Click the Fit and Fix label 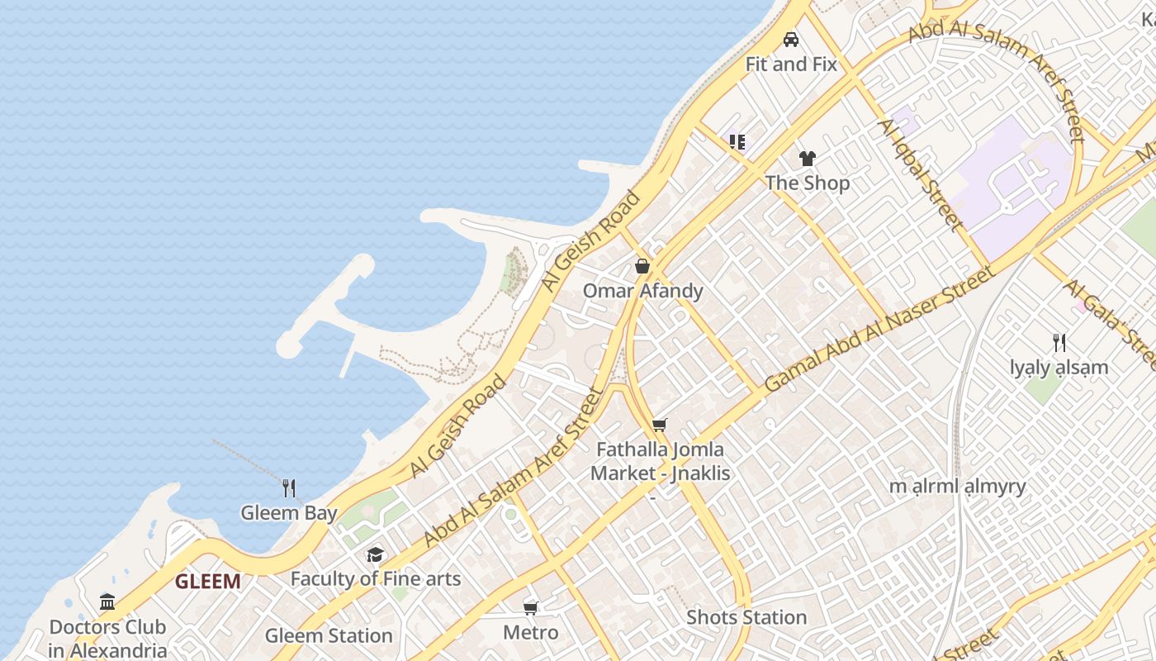click(x=791, y=64)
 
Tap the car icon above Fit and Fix click(x=791, y=39)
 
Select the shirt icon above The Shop click(x=807, y=158)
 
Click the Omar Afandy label click(x=642, y=291)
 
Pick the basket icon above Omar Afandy click(x=642, y=266)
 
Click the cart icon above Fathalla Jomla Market click(x=659, y=425)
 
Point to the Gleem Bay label click(x=289, y=513)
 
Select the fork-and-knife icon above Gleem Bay click(x=289, y=488)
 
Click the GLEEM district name click(x=207, y=582)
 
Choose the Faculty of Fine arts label click(x=375, y=578)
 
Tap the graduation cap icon click(x=375, y=554)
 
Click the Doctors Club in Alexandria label click(x=107, y=638)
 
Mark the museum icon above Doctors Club click(x=107, y=602)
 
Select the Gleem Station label click(x=329, y=635)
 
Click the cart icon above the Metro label click(x=531, y=609)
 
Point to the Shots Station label click(x=746, y=617)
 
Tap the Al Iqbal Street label click(x=920, y=175)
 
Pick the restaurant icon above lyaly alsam click(x=1059, y=342)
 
